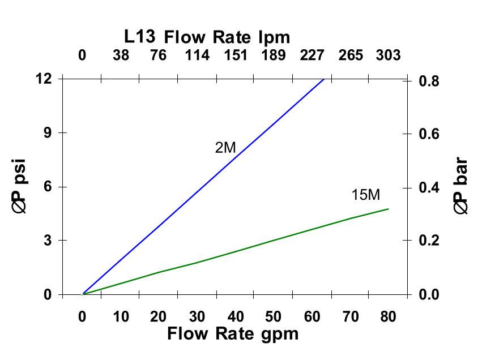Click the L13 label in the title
141,37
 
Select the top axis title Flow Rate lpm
227,37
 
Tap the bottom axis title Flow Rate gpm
232,334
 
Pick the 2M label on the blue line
225,148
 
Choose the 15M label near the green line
365,195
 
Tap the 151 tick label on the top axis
236,55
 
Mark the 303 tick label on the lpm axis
388,55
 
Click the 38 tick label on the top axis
121,55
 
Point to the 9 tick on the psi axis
48,132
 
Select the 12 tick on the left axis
44,79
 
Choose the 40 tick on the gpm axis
236,316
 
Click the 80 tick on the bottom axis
388,316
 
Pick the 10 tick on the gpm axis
121,316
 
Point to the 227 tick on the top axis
312,55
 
